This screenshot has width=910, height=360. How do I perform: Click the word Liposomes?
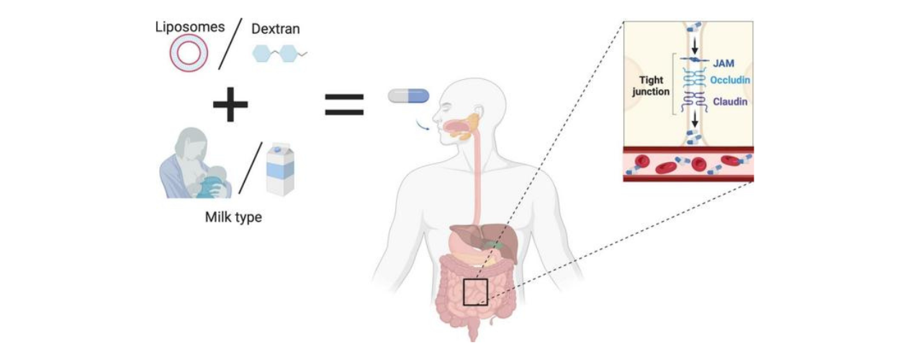pyautogui.click(x=189, y=27)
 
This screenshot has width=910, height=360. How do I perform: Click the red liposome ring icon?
pyautogui.click(x=189, y=53)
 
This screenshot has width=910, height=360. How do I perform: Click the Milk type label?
pyautogui.click(x=233, y=216)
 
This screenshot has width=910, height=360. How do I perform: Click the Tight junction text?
pyautogui.click(x=652, y=86)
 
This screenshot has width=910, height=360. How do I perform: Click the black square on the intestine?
pyautogui.click(x=475, y=292)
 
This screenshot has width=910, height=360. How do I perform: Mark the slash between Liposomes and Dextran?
pyautogui.click(x=231, y=44)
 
